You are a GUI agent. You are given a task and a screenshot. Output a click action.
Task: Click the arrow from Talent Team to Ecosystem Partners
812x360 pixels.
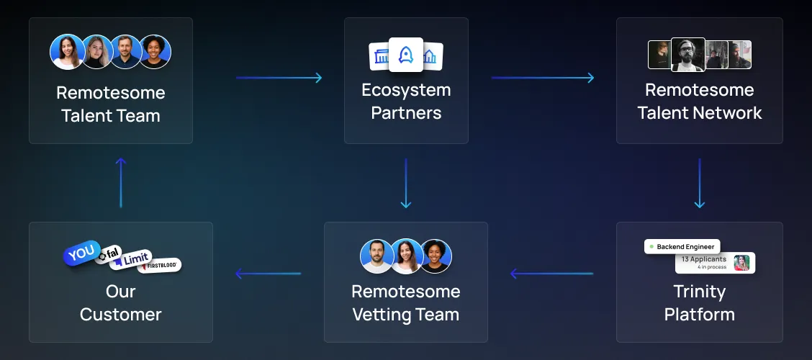pos(279,78)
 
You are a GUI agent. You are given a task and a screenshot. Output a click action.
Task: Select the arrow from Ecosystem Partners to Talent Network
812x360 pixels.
pos(543,78)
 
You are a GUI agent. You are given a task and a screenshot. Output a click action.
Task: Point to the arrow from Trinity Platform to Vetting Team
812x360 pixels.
pos(551,274)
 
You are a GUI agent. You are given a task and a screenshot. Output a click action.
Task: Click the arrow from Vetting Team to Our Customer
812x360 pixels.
pos(268,274)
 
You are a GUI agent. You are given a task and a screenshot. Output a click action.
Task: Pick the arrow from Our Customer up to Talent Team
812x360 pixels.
pos(121,183)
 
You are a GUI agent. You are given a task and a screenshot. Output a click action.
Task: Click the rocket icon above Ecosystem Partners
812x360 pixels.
pos(406,55)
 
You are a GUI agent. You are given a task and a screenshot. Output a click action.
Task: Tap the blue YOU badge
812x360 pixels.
pos(81,253)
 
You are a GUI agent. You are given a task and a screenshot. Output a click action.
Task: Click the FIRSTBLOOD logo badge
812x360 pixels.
pos(159,266)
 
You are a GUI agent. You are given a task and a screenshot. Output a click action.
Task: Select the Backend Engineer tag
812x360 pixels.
pos(682,246)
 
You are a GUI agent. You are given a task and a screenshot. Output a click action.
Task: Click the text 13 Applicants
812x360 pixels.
pos(703,259)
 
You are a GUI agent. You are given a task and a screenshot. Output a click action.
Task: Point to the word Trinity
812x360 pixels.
pos(699,292)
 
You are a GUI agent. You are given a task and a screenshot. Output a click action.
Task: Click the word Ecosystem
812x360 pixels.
pos(406,90)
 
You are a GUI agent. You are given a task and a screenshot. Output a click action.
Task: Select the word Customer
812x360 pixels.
pos(121,315)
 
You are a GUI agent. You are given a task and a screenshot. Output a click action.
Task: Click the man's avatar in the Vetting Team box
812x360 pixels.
pos(376,256)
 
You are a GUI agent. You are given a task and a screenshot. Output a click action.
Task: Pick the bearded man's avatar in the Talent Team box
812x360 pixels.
pos(125,52)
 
